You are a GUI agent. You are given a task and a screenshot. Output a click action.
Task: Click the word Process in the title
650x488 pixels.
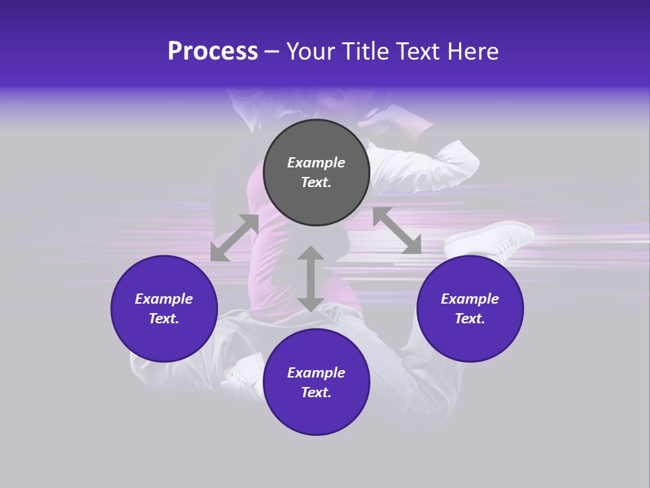coord(213,52)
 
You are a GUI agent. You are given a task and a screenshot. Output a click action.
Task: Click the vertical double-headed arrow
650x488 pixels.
coord(310,279)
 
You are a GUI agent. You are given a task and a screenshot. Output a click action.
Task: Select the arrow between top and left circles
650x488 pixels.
coord(235,237)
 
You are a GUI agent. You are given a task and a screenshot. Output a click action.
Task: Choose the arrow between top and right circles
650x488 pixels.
coord(397,230)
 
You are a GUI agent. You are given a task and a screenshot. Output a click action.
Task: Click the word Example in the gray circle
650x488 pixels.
coord(316,163)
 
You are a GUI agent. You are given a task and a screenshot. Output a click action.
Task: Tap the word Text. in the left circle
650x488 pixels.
coord(164,319)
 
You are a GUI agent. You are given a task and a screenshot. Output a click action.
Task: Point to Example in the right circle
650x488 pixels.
coord(470,299)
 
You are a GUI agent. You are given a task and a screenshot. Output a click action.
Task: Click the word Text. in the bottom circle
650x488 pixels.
coord(316,392)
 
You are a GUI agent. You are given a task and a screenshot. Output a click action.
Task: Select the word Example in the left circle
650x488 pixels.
coord(164,299)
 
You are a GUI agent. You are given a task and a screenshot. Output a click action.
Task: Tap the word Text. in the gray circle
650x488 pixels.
coord(316,182)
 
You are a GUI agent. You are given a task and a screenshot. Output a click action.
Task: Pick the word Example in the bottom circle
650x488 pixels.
coord(316,373)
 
